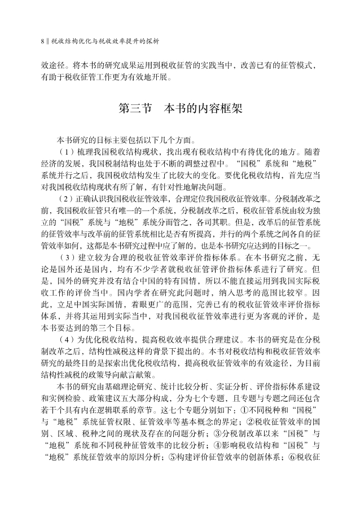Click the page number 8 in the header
tap(43, 41)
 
